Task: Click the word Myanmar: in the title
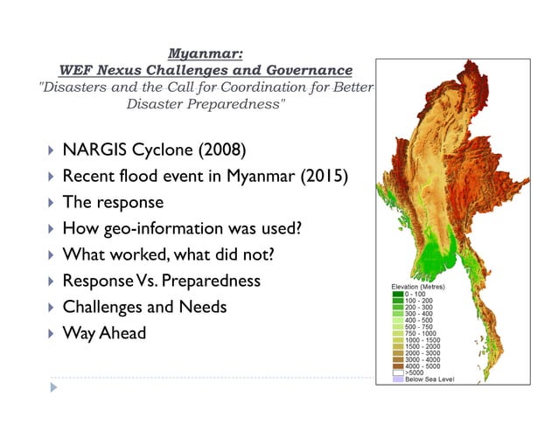click(x=205, y=52)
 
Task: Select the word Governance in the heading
click(x=309, y=70)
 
